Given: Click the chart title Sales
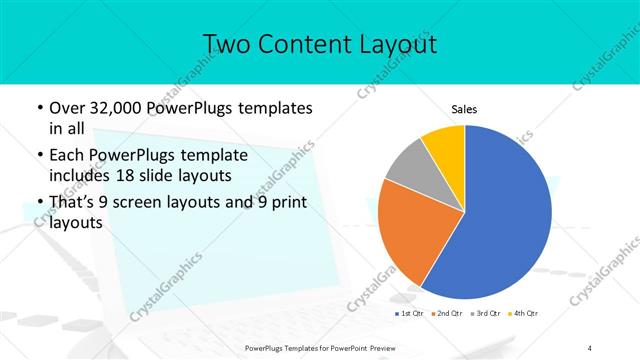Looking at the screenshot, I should point(465,108).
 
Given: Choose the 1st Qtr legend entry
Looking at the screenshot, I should point(410,314).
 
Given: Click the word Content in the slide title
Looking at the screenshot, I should point(299,44).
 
